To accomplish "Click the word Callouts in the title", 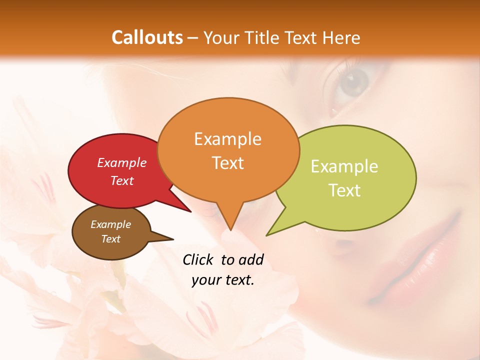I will pyautogui.click(x=147, y=37).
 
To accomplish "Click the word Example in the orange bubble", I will pyautogui.click(x=227, y=139).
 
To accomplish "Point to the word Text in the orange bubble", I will pyautogui.click(x=227, y=163).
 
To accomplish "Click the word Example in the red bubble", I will pyautogui.click(x=122, y=163).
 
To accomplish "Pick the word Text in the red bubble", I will pyautogui.click(x=122, y=180).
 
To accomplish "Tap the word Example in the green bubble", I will pyautogui.click(x=344, y=166).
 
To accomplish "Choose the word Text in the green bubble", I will pyautogui.click(x=344, y=190).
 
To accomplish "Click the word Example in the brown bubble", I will pyautogui.click(x=110, y=224).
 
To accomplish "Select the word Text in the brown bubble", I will pyautogui.click(x=110, y=239).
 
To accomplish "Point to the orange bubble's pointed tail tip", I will pyautogui.click(x=230, y=230).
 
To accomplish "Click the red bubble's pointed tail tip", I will pyautogui.click(x=191, y=212).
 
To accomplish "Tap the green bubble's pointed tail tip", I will pyautogui.click(x=266, y=235).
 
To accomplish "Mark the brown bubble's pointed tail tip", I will pyautogui.click(x=173, y=238).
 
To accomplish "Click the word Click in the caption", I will pyautogui.click(x=199, y=260).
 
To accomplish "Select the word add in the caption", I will pyautogui.click(x=251, y=260).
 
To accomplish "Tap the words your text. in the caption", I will pyautogui.click(x=223, y=280).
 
